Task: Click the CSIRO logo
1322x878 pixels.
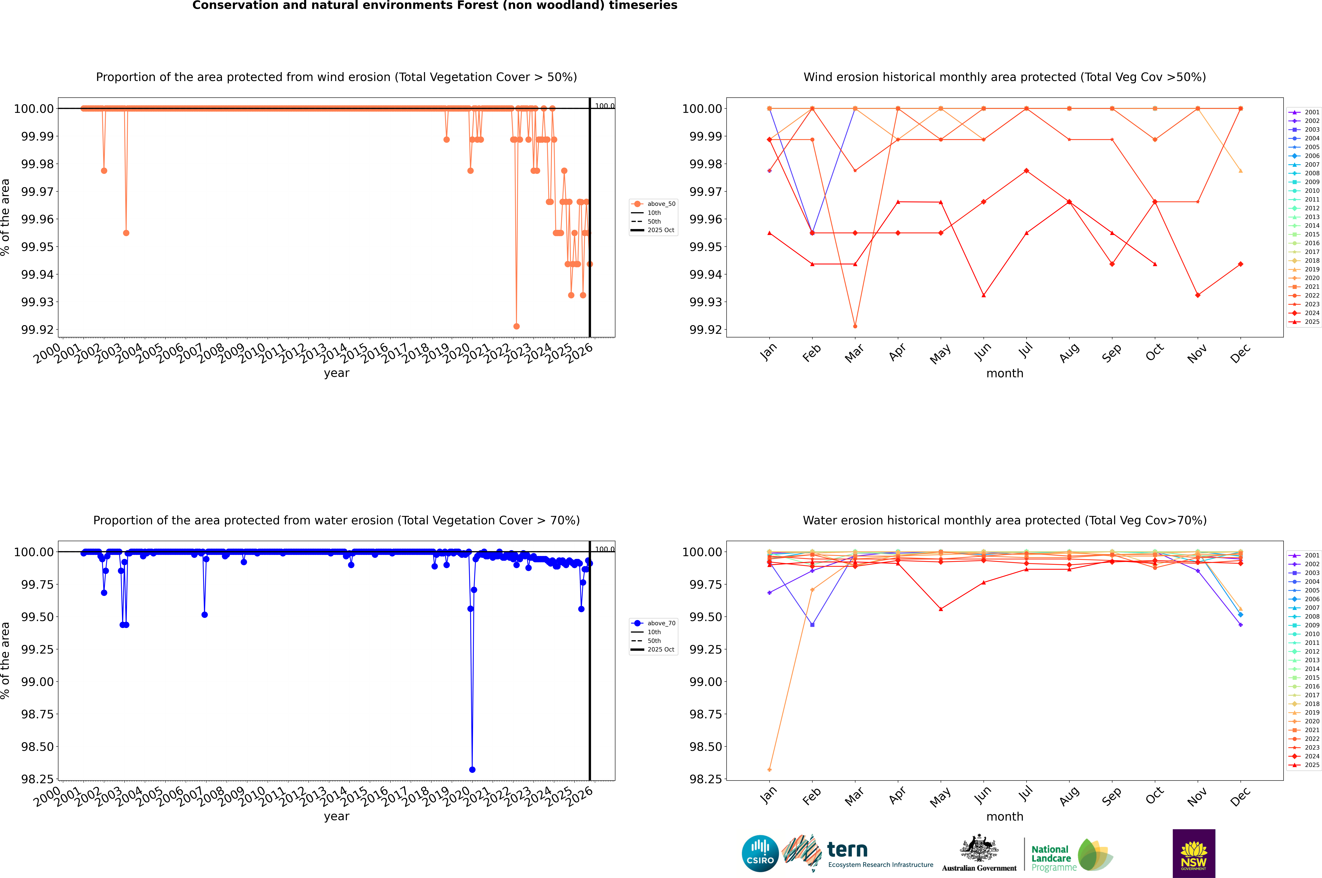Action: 760,853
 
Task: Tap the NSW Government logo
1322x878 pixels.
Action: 1194,853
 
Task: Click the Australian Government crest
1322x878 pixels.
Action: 979,850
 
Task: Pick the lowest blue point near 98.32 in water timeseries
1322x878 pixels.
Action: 472,769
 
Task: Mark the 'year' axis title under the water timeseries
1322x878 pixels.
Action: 336,816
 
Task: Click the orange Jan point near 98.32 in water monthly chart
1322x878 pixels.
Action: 769,769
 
